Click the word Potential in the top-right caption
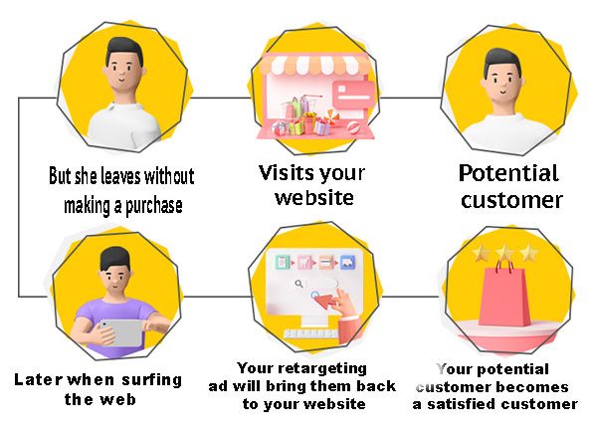tap(508, 173)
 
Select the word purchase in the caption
tap(153, 206)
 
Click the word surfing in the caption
tap(152, 380)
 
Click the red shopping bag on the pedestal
tap(503, 295)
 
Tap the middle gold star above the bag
tap(505, 252)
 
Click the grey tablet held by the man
tap(121, 332)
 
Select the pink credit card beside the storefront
tap(353, 95)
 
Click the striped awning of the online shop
tap(315, 65)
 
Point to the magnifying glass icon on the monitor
tap(298, 284)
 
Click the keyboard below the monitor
tap(311, 333)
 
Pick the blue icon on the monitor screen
tap(347, 262)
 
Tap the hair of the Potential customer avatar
tap(502, 61)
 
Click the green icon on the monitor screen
tap(283, 262)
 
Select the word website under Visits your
tap(314, 198)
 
